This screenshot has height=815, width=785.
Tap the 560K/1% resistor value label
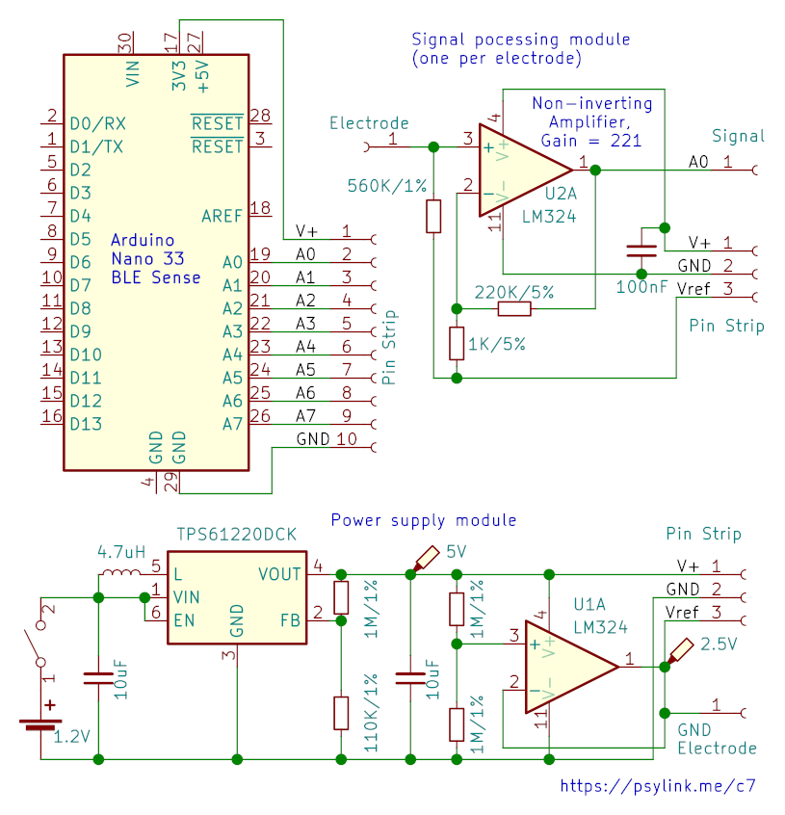pyautogui.click(x=386, y=186)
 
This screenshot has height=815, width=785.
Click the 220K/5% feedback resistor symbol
pyautogui.click(x=514, y=308)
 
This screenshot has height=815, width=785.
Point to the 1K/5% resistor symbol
pyautogui.click(x=457, y=343)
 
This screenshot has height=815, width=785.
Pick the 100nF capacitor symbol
pyautogui.click(x=641, y=251)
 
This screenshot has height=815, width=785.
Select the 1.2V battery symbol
pyautogui.click(x=40, y=724)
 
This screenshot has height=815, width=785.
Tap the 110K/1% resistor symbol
pyautogui.click(x=341, y=713)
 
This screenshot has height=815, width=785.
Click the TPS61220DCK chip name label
pyautogui.click(x=236, y=535)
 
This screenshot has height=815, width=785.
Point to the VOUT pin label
pyautogui.click(x=279, y=574)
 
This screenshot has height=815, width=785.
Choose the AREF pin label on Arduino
pyautogui.click(x=222, y=216)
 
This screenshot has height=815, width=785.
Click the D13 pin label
pyautogui.click(x=86, y=424)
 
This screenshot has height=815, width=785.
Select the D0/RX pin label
pyautogui.click(x=97, y=123)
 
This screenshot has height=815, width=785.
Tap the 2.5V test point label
pyautogui.click(x=719, y=644)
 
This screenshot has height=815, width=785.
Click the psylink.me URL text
pyautogui.click(x=658, y=785)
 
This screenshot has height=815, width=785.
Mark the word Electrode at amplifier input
pyautogui.click(x=369, y=123)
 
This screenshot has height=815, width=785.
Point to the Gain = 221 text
pyautogui.click(x=591, y=141)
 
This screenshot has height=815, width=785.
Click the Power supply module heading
pyautogui.click(x=424, y=520)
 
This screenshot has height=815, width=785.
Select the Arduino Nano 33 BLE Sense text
pyautogui.click(x=156, y=259)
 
